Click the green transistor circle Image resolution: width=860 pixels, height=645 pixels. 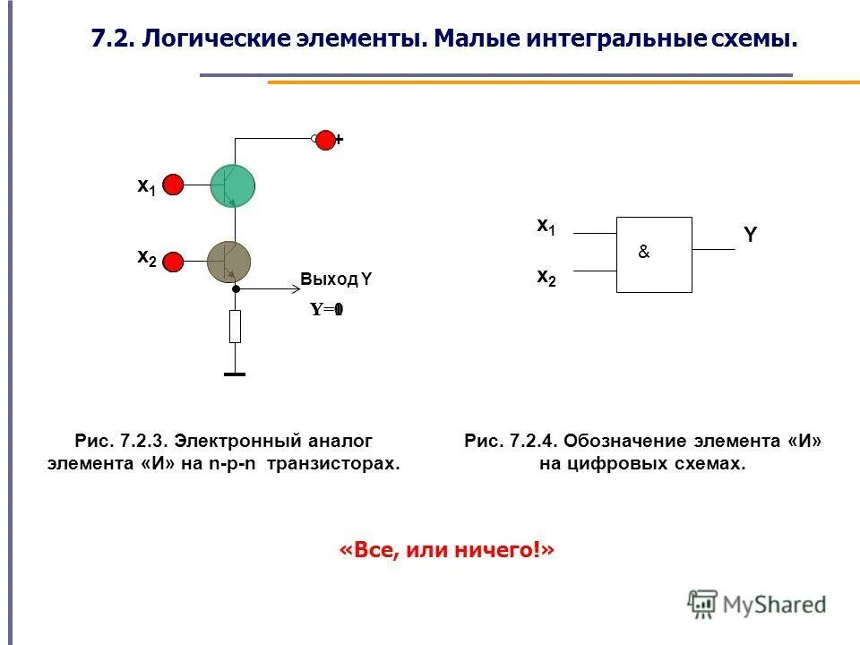click(x=232, y=185)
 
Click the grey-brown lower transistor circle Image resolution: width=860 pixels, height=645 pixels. click(x=229, y=261)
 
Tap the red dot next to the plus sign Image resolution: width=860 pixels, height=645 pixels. click(x=326, y=139)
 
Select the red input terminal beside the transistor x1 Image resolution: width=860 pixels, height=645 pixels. click(x=174, y=185)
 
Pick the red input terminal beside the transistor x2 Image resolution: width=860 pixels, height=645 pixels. click(x=174, y=262)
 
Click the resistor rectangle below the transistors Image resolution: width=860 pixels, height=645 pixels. click(x=235, y=326)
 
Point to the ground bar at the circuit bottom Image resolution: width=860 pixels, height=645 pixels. click(x=235, y=374)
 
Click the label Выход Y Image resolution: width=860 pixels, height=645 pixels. click(x=336, y=279)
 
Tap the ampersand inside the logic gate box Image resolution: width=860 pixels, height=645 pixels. click(x=643, y=254)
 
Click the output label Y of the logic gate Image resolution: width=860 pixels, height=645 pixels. click(x=750, y=236)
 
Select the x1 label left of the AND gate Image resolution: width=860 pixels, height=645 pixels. click(x=546, y=227)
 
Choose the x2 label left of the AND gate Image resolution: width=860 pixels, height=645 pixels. click(x=546, y=277)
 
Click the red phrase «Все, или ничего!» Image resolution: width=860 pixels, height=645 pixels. click(x=447, y=549)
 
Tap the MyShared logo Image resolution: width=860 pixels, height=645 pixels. click(x=757, y=604)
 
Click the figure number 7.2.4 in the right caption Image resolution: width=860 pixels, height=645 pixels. click(x=535, y=441)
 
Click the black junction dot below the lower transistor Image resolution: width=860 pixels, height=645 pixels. click(x=236, y=289)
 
